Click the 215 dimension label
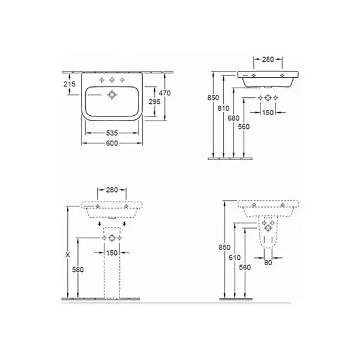(70, 84)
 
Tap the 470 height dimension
(164, 93)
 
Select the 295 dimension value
(155, 101)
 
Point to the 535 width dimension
(112, 133)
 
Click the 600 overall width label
(112, 143)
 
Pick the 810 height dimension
(223, 108)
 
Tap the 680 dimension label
(233, 118)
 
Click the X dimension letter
(68, 254)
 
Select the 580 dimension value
(78, 270)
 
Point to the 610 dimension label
(235, 257)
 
